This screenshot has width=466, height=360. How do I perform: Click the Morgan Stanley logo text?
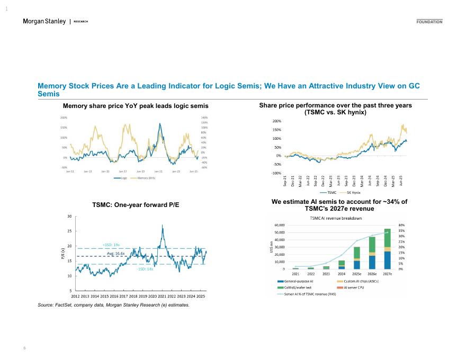pyautogui.click(x=44, y=21)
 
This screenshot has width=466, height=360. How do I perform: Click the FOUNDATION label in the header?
pyautogui.click(x=429, y=22)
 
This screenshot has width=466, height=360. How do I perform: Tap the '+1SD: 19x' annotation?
pyautogui.click(x=111, y=245)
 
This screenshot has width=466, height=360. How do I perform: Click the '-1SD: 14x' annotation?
pyautogui.click(x=145, y=269)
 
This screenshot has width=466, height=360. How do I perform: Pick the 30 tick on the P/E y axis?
pyautogui.click(x=69, y=217)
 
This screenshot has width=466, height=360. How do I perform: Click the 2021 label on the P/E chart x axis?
pyautogui.click(x=162, y=296)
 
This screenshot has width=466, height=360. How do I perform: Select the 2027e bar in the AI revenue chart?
pyautogui.click(x=387, y=249)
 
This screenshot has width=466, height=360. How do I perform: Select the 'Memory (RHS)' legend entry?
pyautogui.click(x=146, y=178)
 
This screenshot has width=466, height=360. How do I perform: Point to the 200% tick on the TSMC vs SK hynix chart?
pyautogui.click(x=276, y=121)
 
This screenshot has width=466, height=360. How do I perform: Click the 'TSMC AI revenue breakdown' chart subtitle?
pyautogui.click(x=336, y=218)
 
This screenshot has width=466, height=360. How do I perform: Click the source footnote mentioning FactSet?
pyautogui.click(x=113, y=305)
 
